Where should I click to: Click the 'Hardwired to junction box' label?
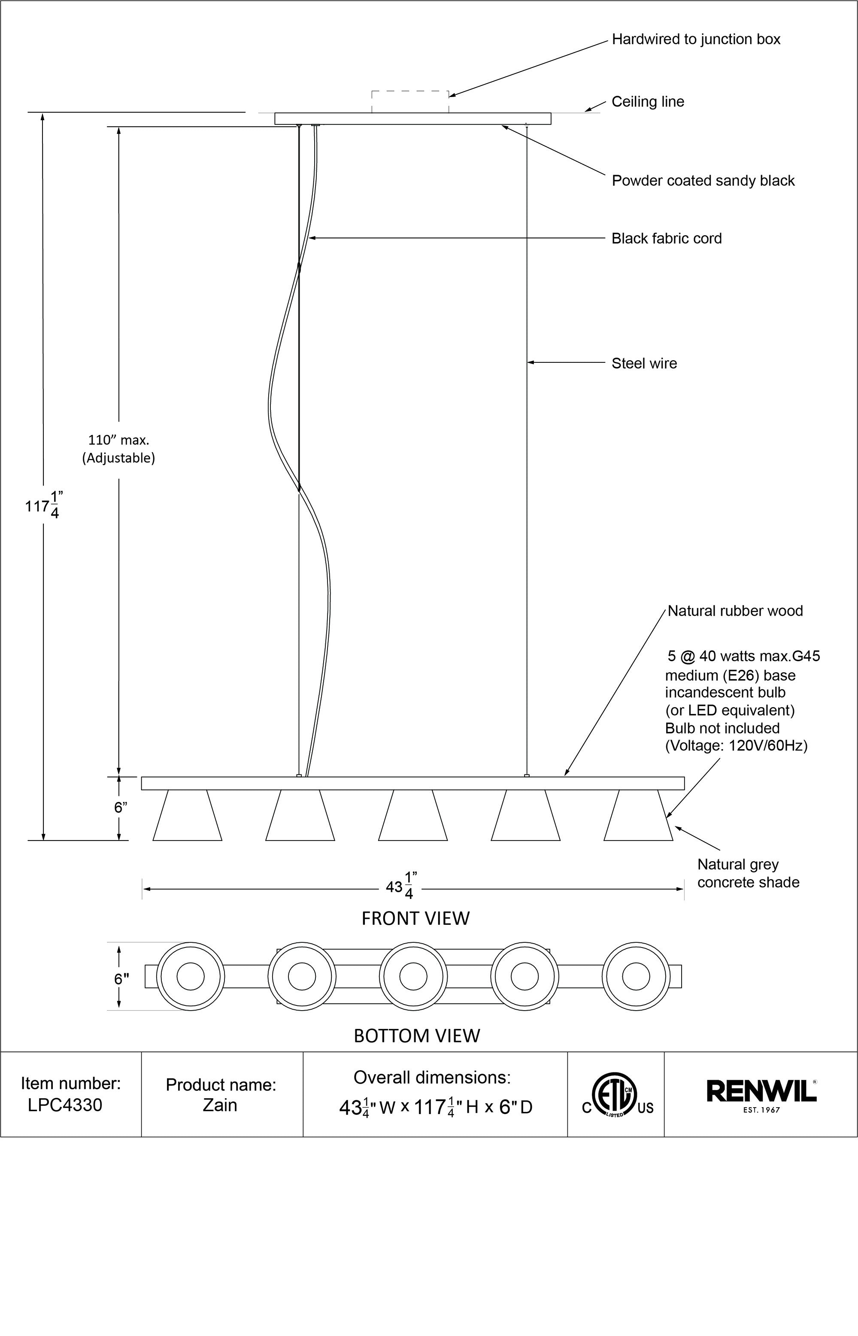click(x=696, y=39)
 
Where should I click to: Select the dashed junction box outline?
click(x=410, y=101)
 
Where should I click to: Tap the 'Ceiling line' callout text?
click(x=647, y=101)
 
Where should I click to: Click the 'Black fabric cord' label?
click(x=666, y=238)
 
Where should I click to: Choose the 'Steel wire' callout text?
click(x=644, y=363)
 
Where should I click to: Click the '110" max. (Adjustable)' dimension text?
click(x=118, y=449)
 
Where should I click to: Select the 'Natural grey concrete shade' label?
click(x=748, y=873)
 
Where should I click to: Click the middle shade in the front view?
click(x=413, y=816)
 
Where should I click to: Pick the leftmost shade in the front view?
click(x=187, y=816)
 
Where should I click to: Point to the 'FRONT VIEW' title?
click(x=415, y=918)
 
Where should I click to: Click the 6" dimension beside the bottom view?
click(x=121, y=979)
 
